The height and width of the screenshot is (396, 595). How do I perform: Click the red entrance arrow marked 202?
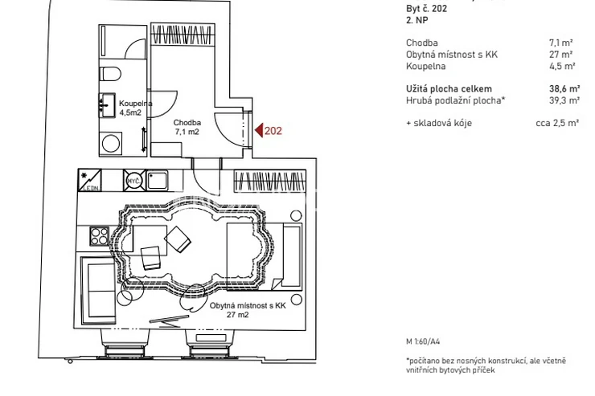(x=259, y=130)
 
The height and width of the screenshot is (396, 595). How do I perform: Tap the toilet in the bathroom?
(x=110, y=74)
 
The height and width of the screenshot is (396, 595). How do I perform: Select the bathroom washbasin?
(x=108, y=105)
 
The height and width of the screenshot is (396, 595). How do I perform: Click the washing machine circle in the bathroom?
(x=111, y=144)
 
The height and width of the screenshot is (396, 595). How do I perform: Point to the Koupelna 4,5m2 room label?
(x=135, y=108)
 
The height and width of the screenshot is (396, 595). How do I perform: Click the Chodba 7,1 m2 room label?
(x=187, y=127)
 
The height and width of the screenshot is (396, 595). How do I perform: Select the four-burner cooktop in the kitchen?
(x=100, y=236)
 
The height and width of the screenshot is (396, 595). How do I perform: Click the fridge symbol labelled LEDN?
(x=89, y=180)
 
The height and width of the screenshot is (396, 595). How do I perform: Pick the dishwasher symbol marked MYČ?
(x=134, y=180)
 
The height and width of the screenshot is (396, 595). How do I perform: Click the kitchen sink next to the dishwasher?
(x=157, y=180)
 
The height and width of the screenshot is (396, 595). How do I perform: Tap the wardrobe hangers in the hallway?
(x=183, y=35)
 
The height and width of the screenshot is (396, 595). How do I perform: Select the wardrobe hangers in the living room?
(x=270, y=181)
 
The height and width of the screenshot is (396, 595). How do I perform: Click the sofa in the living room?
(x=98, y=291)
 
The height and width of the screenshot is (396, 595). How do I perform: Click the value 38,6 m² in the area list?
(x=564, y=88)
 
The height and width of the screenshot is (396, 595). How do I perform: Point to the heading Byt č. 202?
(x=426, y=8)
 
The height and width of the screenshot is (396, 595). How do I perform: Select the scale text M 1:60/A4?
(x=423, y=341)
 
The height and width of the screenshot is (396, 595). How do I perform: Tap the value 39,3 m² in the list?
(x=564, y=100)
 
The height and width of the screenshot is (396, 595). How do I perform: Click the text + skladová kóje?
(x=439, y=123)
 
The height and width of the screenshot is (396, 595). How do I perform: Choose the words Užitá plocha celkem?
(x=449, y=88)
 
